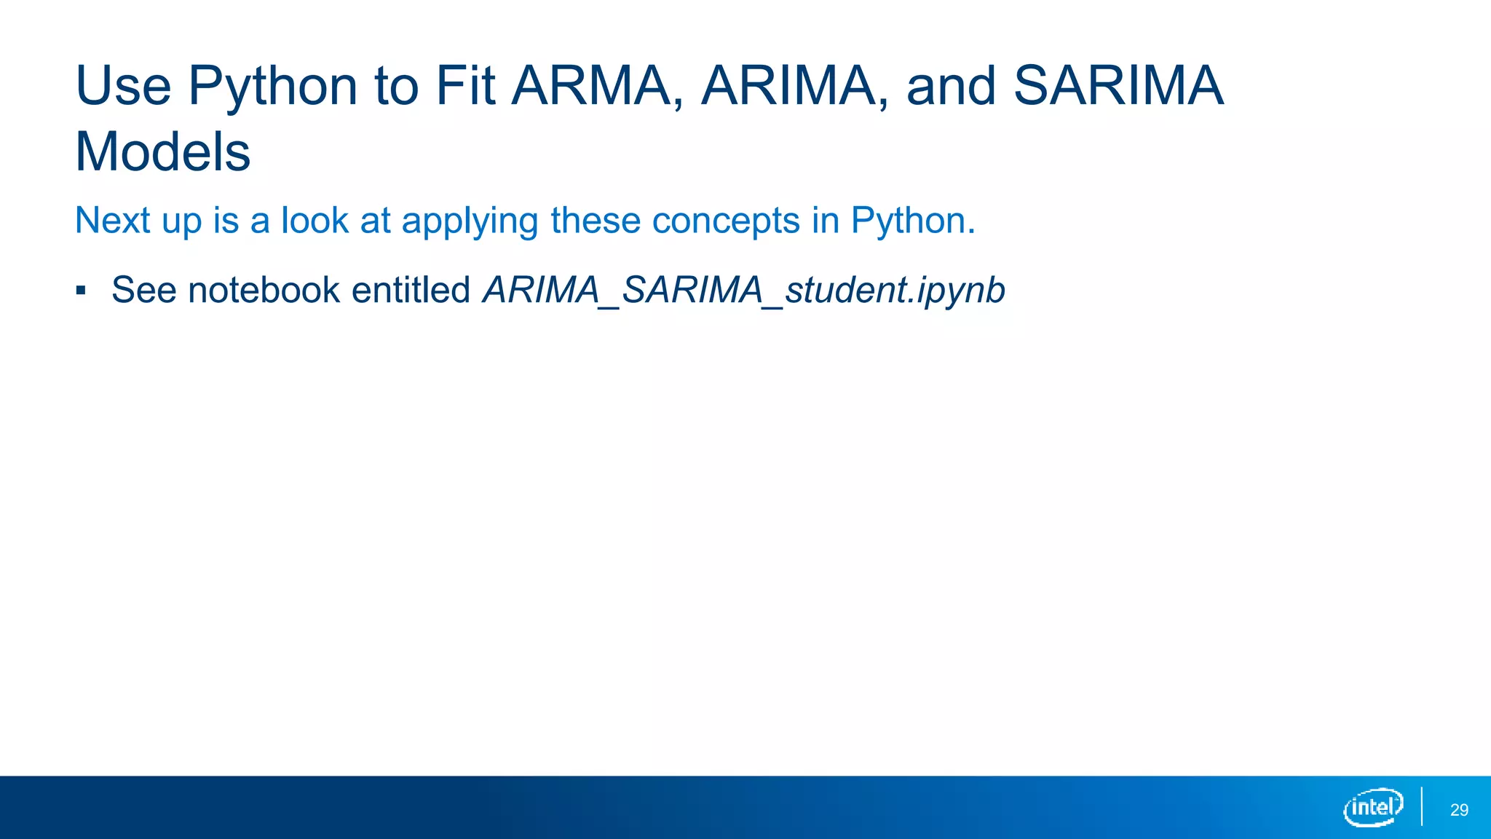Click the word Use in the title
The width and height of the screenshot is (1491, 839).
[123, 86]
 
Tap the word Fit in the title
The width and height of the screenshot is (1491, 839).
[465, 86]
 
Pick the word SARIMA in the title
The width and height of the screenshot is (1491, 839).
[1118, 86]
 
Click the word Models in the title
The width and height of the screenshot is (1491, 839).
[163, 152]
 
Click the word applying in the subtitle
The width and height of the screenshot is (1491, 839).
[470, 221]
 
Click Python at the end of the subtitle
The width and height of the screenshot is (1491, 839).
[912, 221]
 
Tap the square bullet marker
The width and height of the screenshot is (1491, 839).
[81, 291]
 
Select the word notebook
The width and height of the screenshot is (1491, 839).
[264, 290]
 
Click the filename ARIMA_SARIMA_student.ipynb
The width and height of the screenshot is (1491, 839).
[743, 291]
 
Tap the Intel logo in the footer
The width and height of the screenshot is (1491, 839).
[1372, 807]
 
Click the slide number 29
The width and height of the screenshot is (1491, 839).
[1459, 810]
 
